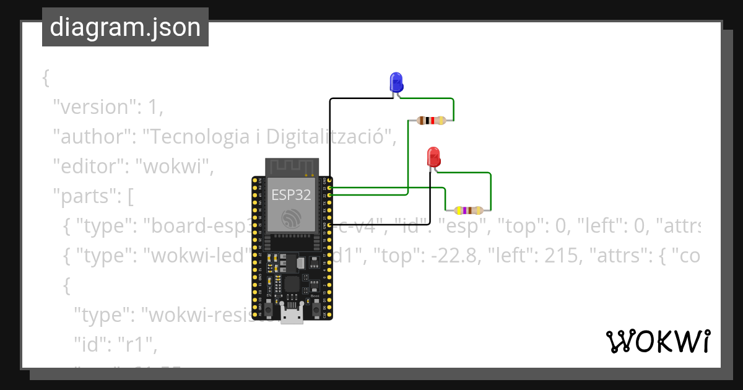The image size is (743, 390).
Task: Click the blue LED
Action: click(396, 82)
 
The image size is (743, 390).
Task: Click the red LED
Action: click(434, 156)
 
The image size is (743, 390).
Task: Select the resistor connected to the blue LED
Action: click(431, 121)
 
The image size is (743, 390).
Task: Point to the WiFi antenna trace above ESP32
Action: click(292, 167)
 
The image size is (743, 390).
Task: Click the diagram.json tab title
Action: click(125, 28)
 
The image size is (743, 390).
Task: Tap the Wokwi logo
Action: click(657, 342)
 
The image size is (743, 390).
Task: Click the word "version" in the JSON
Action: click(93, 107)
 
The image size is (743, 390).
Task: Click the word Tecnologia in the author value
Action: click(198, 137)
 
